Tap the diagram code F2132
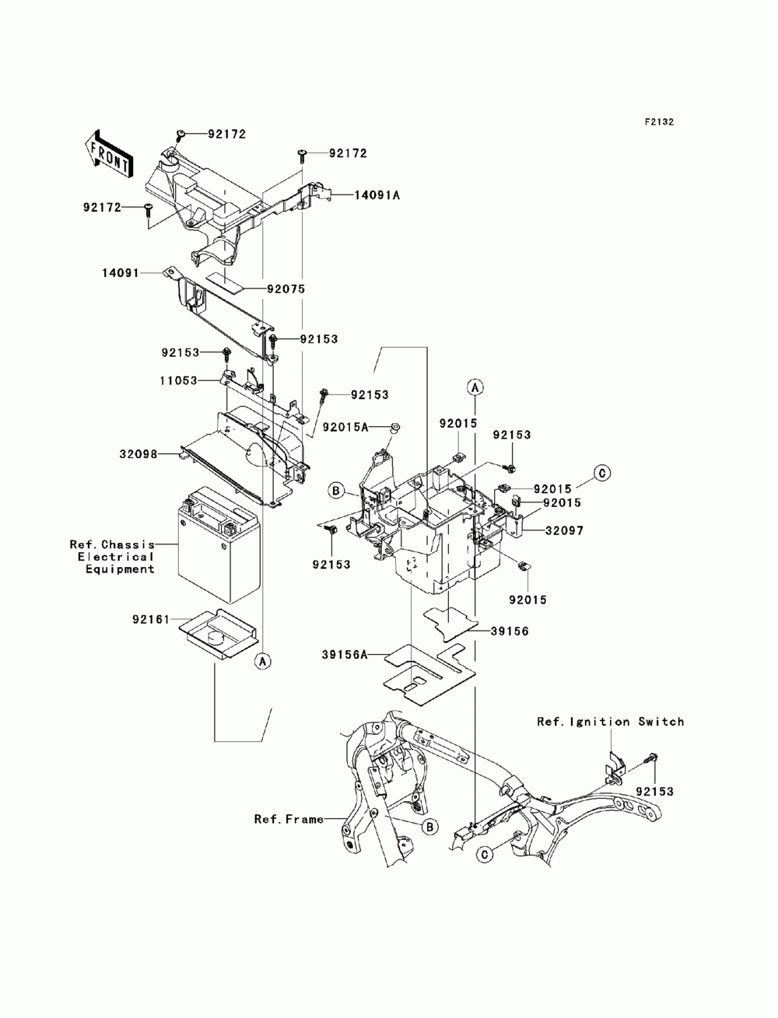[659, 122]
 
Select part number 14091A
[377, 195]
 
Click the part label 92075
[286, 289]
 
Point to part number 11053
[179, 381]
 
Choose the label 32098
[138, 454]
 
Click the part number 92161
[151, 619]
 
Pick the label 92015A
[345, 427]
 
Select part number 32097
[564, 530]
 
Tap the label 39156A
[344, 654]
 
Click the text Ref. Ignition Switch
[611, 722]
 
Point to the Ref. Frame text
[289, 820]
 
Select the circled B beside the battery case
[336, 490]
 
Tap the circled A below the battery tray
[263, 662]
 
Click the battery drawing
[218, 545]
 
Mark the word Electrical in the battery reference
[115, 557]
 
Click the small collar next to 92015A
[394, 428]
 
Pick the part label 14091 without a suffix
[121, 273]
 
